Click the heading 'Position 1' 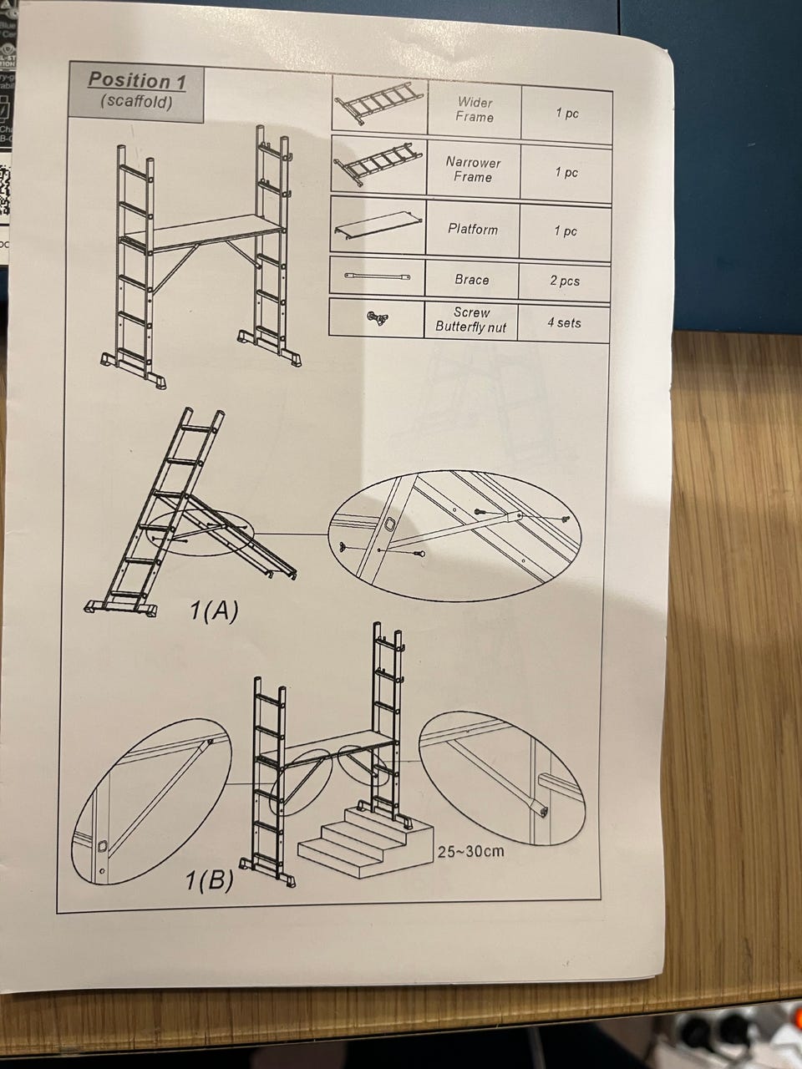tap(137, 80)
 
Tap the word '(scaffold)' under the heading tap(136, 102)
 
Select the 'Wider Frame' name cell tap(475, 110)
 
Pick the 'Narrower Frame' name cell tap(473, 170)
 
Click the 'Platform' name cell tap(472, 229)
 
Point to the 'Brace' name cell tap(471, 280)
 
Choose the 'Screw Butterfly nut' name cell tap(470, 320)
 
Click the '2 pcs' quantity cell tap(565, 281)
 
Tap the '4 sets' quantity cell tap(563, 322)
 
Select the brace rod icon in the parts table tap(378, 277)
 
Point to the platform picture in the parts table tap(378, 227)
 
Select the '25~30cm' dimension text tap(470, 851)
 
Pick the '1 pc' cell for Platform tap(566, 231)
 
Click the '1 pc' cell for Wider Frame tap(567, 113)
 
